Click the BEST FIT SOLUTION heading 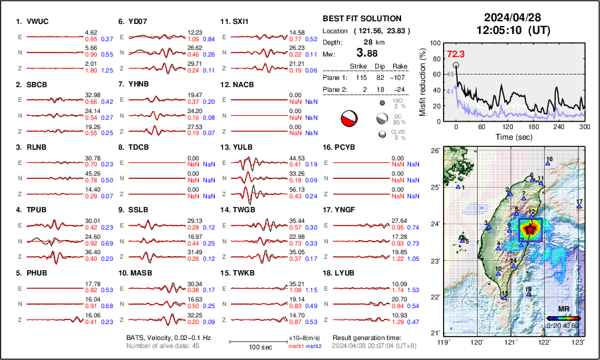(362, 19)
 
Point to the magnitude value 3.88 (370, 53)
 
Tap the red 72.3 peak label (456, 54)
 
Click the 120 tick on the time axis (508, 126)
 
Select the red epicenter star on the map (529, 230)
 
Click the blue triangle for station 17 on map (579, 207)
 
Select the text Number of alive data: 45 (164, 346)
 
